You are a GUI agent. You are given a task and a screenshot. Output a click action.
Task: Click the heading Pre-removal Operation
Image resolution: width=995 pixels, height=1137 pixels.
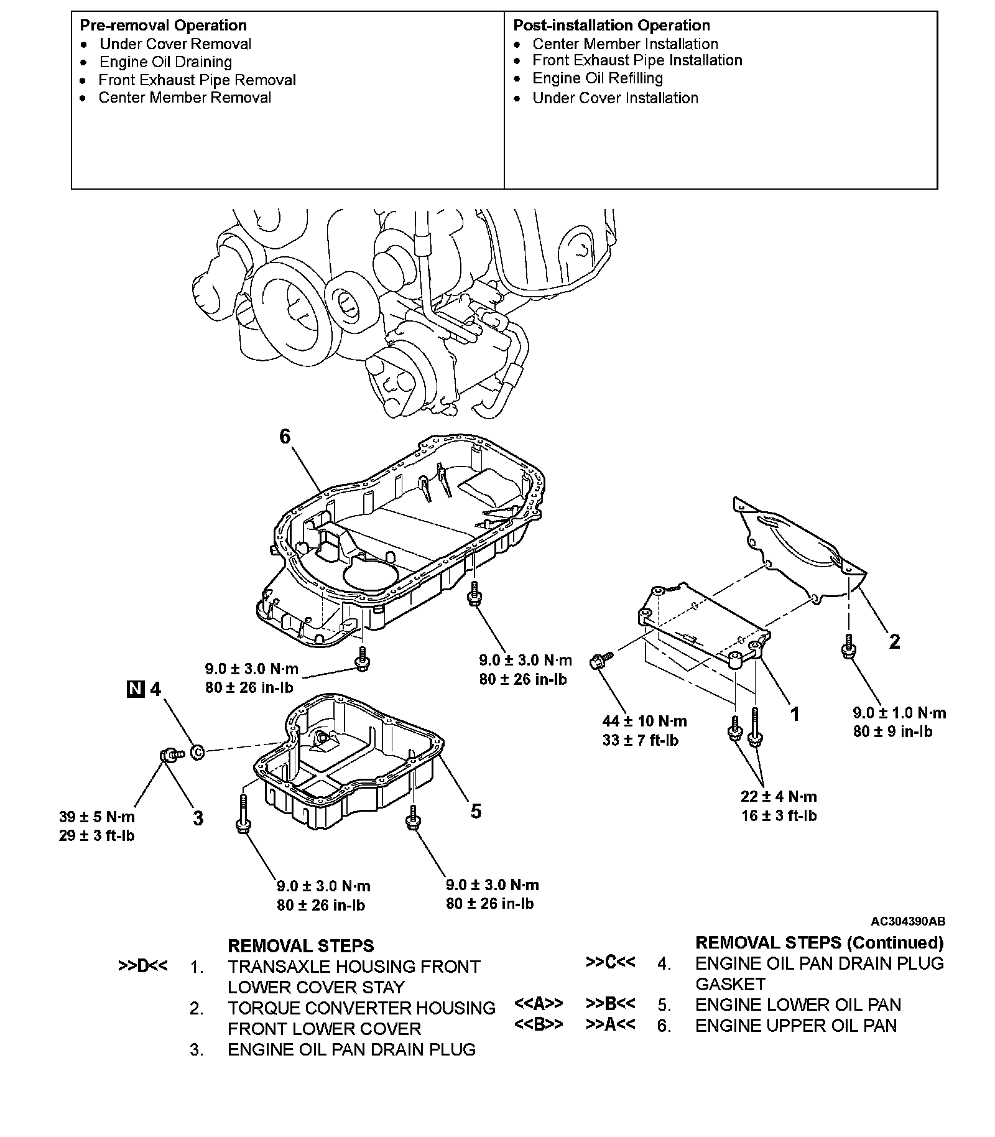(163, 26)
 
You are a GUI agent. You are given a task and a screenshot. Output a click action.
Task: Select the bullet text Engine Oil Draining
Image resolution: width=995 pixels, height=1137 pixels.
(165, 62)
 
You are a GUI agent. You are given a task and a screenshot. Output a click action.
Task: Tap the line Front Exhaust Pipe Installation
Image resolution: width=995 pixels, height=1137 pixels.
(637, 60)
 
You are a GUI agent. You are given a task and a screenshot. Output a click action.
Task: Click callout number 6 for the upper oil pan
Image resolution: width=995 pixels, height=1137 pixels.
(284, 437)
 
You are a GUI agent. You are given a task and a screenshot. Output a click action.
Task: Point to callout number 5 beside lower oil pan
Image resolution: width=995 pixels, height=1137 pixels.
(476, 810)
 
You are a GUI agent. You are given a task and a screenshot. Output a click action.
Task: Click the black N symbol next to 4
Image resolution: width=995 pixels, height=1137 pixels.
(135, 689)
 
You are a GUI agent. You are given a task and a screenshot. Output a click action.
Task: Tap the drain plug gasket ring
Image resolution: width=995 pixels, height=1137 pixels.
(197, 751)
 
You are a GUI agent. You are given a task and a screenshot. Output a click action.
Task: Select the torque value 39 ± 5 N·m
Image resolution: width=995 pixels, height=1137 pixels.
(97, 817)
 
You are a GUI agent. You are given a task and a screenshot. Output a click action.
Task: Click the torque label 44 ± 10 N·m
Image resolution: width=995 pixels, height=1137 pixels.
(644, 721)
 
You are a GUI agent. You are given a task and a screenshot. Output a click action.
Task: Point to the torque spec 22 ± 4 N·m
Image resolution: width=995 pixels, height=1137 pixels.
(779, 796)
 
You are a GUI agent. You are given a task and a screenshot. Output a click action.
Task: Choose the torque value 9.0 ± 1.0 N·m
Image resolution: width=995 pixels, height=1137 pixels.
(899, 713)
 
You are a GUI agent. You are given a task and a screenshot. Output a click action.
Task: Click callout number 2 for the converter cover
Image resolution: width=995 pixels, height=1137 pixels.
(894, 641)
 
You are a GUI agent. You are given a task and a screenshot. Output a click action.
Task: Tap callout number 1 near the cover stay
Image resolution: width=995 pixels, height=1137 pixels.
(794, 713)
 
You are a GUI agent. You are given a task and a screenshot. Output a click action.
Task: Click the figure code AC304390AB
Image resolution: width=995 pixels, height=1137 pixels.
(907, 921)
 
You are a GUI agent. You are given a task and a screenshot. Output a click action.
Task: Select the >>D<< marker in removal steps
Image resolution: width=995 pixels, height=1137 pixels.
(142, 967)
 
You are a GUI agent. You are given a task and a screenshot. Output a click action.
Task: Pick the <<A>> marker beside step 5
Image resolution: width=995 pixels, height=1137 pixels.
(539, 1004)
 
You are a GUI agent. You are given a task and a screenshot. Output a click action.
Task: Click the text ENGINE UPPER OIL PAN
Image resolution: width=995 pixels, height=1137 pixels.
(796, 1026)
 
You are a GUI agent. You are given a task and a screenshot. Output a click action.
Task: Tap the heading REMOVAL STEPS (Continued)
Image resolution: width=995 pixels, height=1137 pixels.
(819, 943)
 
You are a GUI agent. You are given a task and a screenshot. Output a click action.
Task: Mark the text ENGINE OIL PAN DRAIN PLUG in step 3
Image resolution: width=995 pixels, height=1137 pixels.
(351, 1049)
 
